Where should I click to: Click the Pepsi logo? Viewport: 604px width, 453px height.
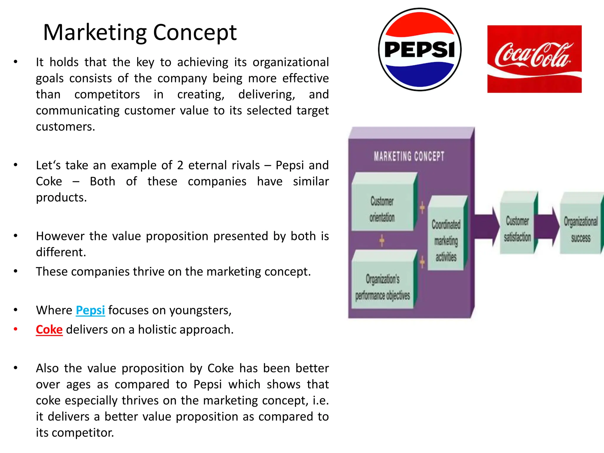420,50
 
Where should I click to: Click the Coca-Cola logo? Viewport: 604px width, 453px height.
534,59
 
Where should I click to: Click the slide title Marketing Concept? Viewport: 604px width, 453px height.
140,32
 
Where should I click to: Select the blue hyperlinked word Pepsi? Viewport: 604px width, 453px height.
90,310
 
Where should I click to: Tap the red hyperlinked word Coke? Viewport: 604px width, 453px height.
49,330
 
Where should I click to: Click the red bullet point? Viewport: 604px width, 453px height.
16,329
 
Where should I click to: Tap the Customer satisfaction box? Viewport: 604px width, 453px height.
517,229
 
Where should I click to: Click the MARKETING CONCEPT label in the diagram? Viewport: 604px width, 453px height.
409,156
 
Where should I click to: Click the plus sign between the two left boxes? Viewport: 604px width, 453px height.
382,241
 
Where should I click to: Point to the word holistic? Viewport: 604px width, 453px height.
156,330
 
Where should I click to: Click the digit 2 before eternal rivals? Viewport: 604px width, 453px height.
180,165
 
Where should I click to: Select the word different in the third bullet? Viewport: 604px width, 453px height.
61,252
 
